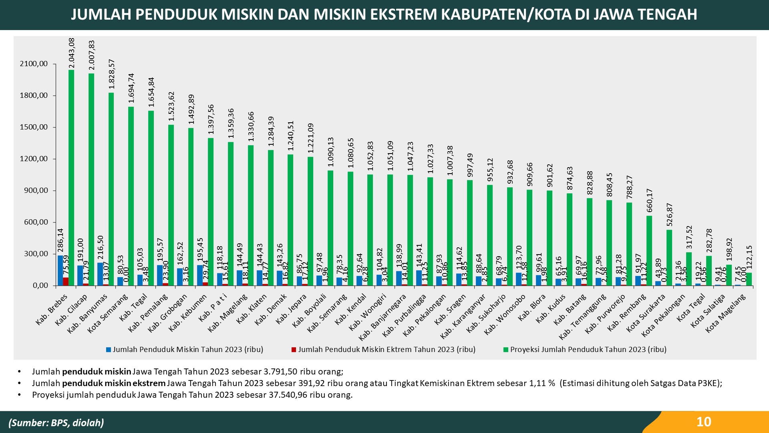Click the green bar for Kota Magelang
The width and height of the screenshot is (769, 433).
coord(749,279)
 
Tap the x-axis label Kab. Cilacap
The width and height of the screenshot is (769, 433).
coord(72,309)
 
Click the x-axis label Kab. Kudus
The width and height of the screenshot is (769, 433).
coord(551,309)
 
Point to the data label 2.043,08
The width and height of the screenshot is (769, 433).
coord(72,53)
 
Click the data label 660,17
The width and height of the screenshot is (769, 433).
coord(649,200)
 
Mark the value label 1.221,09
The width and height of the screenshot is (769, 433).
coord(310,138)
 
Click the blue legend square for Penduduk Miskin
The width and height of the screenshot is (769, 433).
coord(108,350)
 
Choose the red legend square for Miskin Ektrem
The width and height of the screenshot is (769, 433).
coord(294,350)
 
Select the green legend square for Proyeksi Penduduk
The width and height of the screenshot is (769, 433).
coord(506,350)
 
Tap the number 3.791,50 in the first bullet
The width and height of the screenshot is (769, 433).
coord(280,372)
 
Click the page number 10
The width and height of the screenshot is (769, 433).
coord(704,422)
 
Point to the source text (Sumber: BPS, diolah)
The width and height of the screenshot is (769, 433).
coord(56,423)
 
